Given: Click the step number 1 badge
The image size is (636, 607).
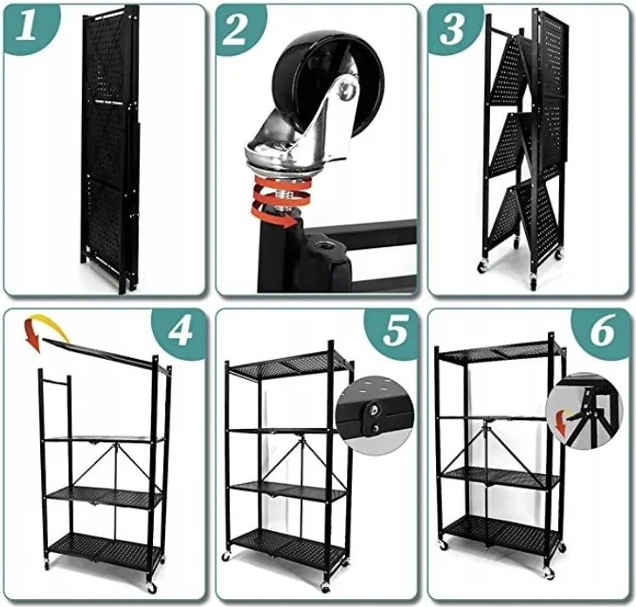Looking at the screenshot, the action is (28, 27).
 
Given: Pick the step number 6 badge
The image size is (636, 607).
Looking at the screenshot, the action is (602, 332).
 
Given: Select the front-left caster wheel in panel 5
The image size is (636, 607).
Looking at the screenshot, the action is (225, 557).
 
